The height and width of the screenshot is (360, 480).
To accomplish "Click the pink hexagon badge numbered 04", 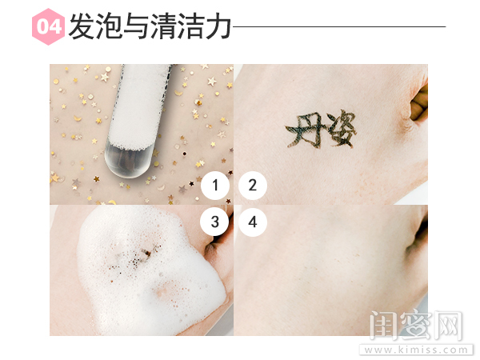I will (x=49, y=27).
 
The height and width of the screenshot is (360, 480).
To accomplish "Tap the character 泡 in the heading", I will (x=113, y=27).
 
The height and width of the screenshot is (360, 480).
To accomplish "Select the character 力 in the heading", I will (x=218, y=27).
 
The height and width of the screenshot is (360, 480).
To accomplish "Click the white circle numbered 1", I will (x=215, y=186).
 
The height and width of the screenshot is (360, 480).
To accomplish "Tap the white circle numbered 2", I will (x=252, y=186).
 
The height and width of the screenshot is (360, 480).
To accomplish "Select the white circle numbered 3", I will (x=215, y=222).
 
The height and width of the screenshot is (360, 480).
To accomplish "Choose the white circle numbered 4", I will (x=252, y=222).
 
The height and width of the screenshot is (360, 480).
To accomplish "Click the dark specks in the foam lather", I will (x=140, y=257).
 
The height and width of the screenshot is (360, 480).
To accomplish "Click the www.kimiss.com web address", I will (x=414, y=350).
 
